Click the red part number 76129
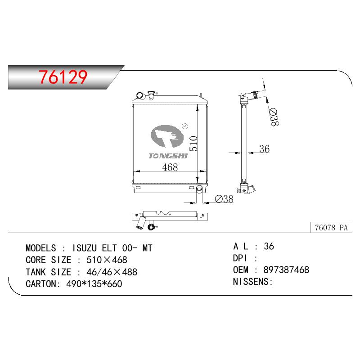coord(63,76)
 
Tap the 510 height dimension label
coord(193,144)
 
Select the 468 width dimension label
coord(170,167)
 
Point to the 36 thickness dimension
coord(264,149)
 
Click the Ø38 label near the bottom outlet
coord(224,199)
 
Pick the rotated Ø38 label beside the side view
coord(274,117)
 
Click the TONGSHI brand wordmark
coord(168,156)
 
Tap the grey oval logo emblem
coord(167,136)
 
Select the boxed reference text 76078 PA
coord(331,228)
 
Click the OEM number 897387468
coord(286,270)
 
